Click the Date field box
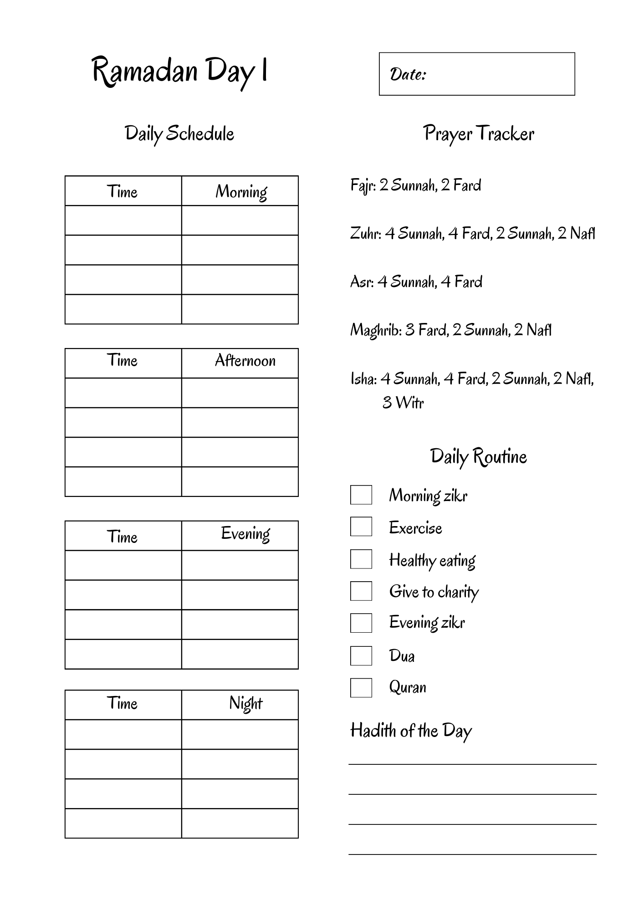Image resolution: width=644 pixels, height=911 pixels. (476, 74)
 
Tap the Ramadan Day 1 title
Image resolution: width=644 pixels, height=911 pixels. (179, 72)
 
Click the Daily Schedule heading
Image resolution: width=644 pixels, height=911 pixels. (179, 133)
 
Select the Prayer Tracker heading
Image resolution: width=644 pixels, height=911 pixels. (478, 133)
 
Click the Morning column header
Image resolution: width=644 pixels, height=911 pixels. (240, 191)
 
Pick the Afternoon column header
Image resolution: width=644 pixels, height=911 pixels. (245, 361)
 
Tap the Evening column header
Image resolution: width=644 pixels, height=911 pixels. (245, 534)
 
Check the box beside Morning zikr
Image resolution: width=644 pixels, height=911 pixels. (361, 495)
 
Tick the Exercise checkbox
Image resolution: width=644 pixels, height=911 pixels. (361, 527)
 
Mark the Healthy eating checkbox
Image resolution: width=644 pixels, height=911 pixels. (361, 559)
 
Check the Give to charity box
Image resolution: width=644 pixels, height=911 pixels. (361, 591)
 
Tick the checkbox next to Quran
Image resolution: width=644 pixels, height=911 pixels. (361, 688)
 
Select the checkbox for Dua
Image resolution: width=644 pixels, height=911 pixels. (361, 656)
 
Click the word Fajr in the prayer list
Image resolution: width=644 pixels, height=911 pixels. (362, 185)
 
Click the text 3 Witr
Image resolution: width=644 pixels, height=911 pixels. (403, 403)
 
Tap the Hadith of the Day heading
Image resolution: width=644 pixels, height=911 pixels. (411, 731)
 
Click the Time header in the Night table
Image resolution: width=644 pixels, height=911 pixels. (122, 703)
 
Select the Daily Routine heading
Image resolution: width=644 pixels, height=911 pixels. (478, 456)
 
